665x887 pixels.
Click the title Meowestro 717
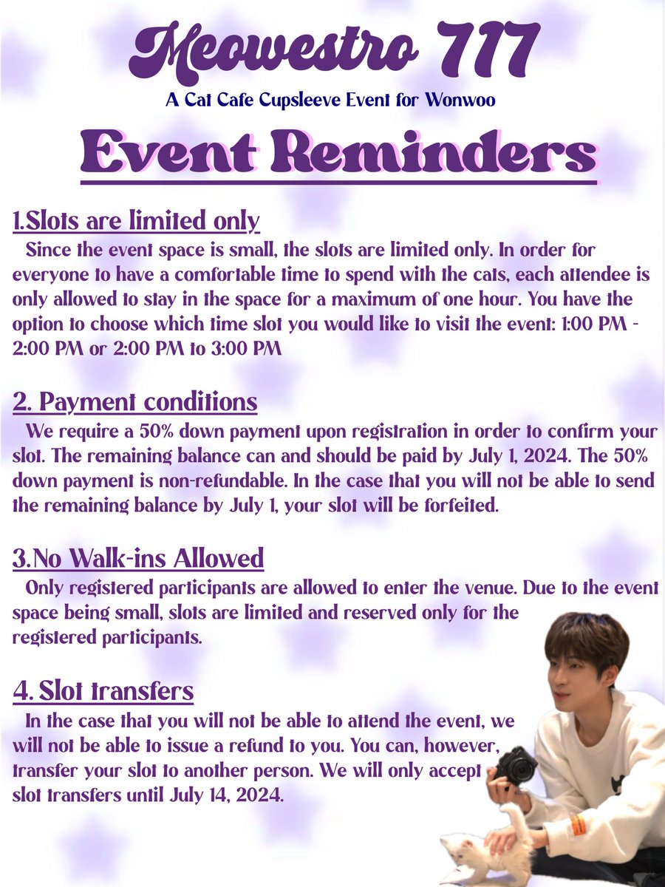332,52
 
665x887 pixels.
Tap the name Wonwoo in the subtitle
460,100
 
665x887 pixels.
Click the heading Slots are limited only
137,220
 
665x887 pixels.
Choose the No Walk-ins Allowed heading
138,559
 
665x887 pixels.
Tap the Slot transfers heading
103,692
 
